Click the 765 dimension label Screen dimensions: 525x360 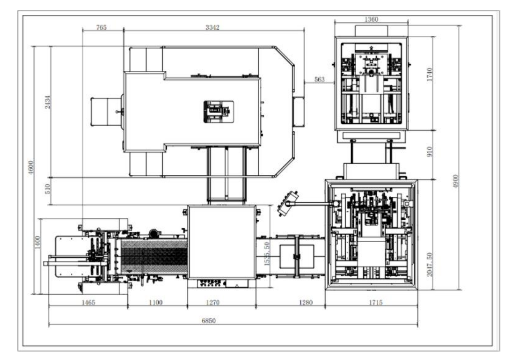click(x=101, y=27)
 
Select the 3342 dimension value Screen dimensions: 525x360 click(x=212, y=27)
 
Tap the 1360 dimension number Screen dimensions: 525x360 click(x=371, y=19)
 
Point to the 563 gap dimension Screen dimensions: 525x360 click(x=319, y=80)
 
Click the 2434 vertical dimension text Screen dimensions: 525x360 click(x=47, y=102)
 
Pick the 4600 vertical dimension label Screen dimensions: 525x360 click(x=31, y=168)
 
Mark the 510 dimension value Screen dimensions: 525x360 click(x=47, y=189)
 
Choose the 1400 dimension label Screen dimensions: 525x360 click(x=37, y=242)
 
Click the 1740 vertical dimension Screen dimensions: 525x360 click(x=429, y=74)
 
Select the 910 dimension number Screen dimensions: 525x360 click(x=429, y=151)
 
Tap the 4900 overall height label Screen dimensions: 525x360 click(x=455, y=181)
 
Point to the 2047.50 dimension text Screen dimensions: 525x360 click(x=429, y=264)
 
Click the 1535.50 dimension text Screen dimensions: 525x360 click(x=267, y=254)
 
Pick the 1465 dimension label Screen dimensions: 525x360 click(x=88, y=303)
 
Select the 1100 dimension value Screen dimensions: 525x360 click(x=156, y=303)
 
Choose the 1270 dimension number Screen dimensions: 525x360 click(x=213, y=303)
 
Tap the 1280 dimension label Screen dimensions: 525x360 click(x=306, y=303)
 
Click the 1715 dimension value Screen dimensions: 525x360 click(x=376, y=303)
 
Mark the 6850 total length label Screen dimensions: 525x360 click(x=209, y=321)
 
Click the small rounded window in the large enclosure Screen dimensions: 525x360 click(x=219, y=112)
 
